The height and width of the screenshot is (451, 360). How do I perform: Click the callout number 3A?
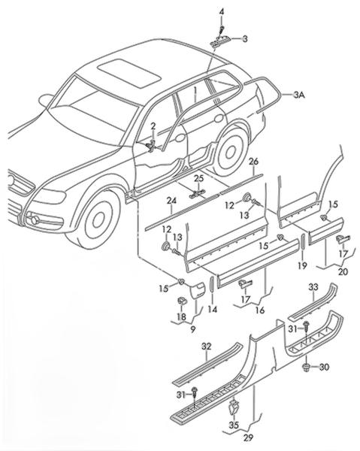point(299,95)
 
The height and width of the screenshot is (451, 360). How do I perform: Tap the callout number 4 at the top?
point(222,12)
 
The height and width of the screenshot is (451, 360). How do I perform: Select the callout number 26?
point(253,162)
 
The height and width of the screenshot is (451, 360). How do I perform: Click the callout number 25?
point(198,178)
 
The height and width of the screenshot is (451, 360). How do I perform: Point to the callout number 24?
point(171,201)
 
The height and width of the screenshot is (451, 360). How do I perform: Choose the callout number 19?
point(302,266)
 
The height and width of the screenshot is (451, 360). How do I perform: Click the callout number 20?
point(343,271)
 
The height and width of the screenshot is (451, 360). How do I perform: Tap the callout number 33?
point(313,287)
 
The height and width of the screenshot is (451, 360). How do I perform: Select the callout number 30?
point(324,367)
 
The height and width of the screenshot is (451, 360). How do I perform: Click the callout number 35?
point(234,425)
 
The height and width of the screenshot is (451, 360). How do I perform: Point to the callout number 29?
point(248,437)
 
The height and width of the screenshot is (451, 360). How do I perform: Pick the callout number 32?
point(206,347)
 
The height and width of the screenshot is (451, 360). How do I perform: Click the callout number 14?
point(213,309)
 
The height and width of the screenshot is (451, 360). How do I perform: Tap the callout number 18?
point(181,317)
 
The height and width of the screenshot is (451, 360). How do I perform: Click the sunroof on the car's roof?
point(129,73)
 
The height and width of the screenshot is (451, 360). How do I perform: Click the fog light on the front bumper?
point(35,219)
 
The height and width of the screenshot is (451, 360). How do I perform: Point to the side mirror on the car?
point(46,101)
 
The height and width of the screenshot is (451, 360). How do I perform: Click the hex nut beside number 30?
point(306,368)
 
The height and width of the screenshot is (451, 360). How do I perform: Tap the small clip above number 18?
point(181,301)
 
